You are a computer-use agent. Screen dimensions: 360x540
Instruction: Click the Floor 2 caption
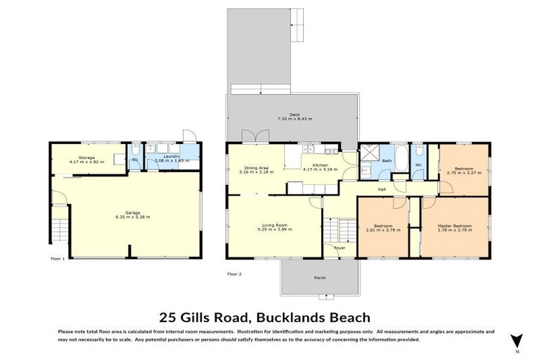point(234,274)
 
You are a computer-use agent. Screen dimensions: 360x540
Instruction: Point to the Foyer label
point(340,248)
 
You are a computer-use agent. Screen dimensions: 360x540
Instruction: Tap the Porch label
point(320,278)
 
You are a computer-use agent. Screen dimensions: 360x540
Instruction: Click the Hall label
point(382,189)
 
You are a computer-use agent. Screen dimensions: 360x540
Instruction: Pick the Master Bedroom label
point(454,226)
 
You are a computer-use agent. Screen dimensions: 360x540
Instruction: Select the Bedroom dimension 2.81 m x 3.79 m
point(383,230)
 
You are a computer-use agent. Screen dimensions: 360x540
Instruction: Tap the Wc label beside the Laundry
point(134,160)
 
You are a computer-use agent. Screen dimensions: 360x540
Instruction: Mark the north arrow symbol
point(517,340)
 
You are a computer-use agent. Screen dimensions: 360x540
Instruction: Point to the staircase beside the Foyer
point(337,229)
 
